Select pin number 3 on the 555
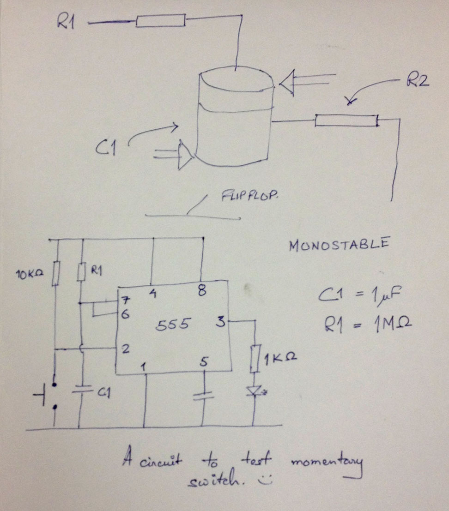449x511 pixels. (x=221, y=322)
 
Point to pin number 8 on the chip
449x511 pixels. (x=201, y=291)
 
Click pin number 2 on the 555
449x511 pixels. (x=125, y=349)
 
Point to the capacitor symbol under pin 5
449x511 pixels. (x=203, y=396)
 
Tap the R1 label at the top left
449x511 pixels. (x=66, y=22)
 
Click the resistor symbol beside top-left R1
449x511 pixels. (x=160, y=20)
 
